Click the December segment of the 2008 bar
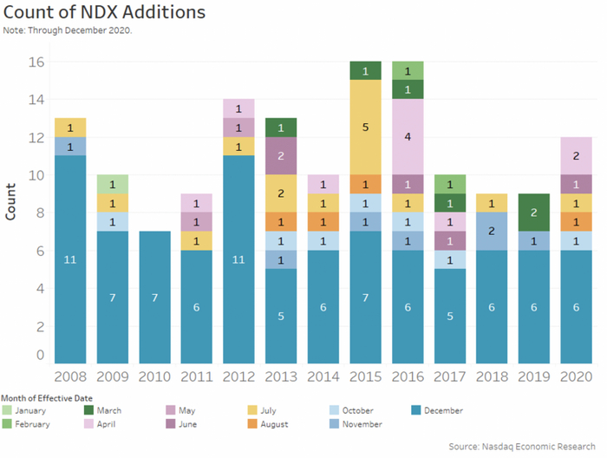pyautogui.click(x=70, y=259)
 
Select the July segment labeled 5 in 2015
pyautogui.click(x=365, y=127)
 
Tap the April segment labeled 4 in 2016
pyautogui.click(x=407, y=136)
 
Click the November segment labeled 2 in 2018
pyautogui.click(x=491, y=231)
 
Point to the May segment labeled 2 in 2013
pyautogui.click(x=281, y=155)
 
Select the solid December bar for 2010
pyautogui.click(x=154, y=298)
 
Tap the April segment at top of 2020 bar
pyautogui.click(x=575, y=155)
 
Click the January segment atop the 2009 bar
pyautogui.click(x=113, y=184)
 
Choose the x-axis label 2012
pyautogui.click(x=238, y=377)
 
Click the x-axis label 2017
pyautogui.click(x=449, y=377)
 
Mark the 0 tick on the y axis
pyautogui.click(x=39, y=355)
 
